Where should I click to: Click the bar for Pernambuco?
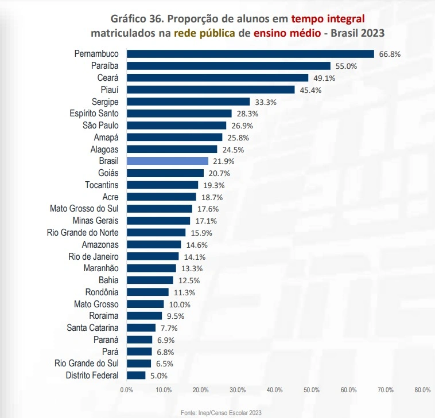pyautogui.click(x=250, y=54)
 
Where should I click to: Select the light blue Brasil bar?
pyautogui.click(x=167, y=161)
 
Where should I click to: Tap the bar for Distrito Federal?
pyautogui.click(x=136, y=376)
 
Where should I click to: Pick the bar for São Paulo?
pyautogui.click(x=176, y=126)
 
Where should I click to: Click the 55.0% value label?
pyautogui.click(x=346, y=66)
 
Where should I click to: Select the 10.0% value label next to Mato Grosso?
pyautogui.click(x=179, y=304)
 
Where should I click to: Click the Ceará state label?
pyautogui.click(x=108, y=77)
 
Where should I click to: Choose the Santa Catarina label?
pyautogui.click(x=92, y=328)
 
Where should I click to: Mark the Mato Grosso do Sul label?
pyautogui.click(x=84, y=209)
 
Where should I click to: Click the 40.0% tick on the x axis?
pyautogui.click(x=274, y=390)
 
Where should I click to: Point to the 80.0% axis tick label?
pyautogui.click(x=422, y=390)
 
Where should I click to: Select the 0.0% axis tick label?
pyautogui.click(x=127, y=390)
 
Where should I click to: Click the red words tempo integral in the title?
pyautogui.click(x=328, y=18)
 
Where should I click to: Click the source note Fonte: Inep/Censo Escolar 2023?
pyautogui.click(x=221, y=412)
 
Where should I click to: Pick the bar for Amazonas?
pyautogui.click(x=154, y=245)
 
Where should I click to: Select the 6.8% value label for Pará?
pyautogui.click(x=165, y=352)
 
